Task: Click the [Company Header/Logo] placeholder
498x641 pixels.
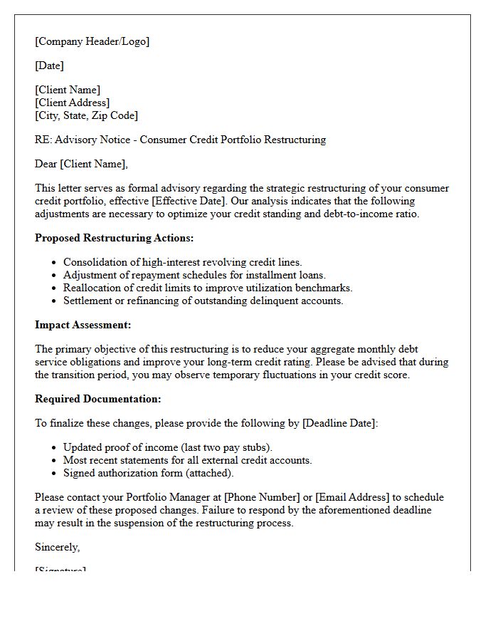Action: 92,41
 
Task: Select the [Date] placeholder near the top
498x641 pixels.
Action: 49,66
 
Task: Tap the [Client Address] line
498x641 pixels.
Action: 72,103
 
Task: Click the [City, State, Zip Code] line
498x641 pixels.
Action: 86,115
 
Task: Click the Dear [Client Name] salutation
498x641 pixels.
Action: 81,164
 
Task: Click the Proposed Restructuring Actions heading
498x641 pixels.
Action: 114,238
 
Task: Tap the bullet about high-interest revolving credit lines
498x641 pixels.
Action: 182,263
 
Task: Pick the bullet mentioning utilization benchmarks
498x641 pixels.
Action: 208,288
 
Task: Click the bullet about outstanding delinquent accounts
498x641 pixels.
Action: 203,301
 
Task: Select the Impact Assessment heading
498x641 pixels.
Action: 83,325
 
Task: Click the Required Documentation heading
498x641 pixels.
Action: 98,399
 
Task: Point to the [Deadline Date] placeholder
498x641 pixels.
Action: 339,423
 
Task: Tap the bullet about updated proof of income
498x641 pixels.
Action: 168,448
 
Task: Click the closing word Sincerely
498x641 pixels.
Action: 57,547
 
